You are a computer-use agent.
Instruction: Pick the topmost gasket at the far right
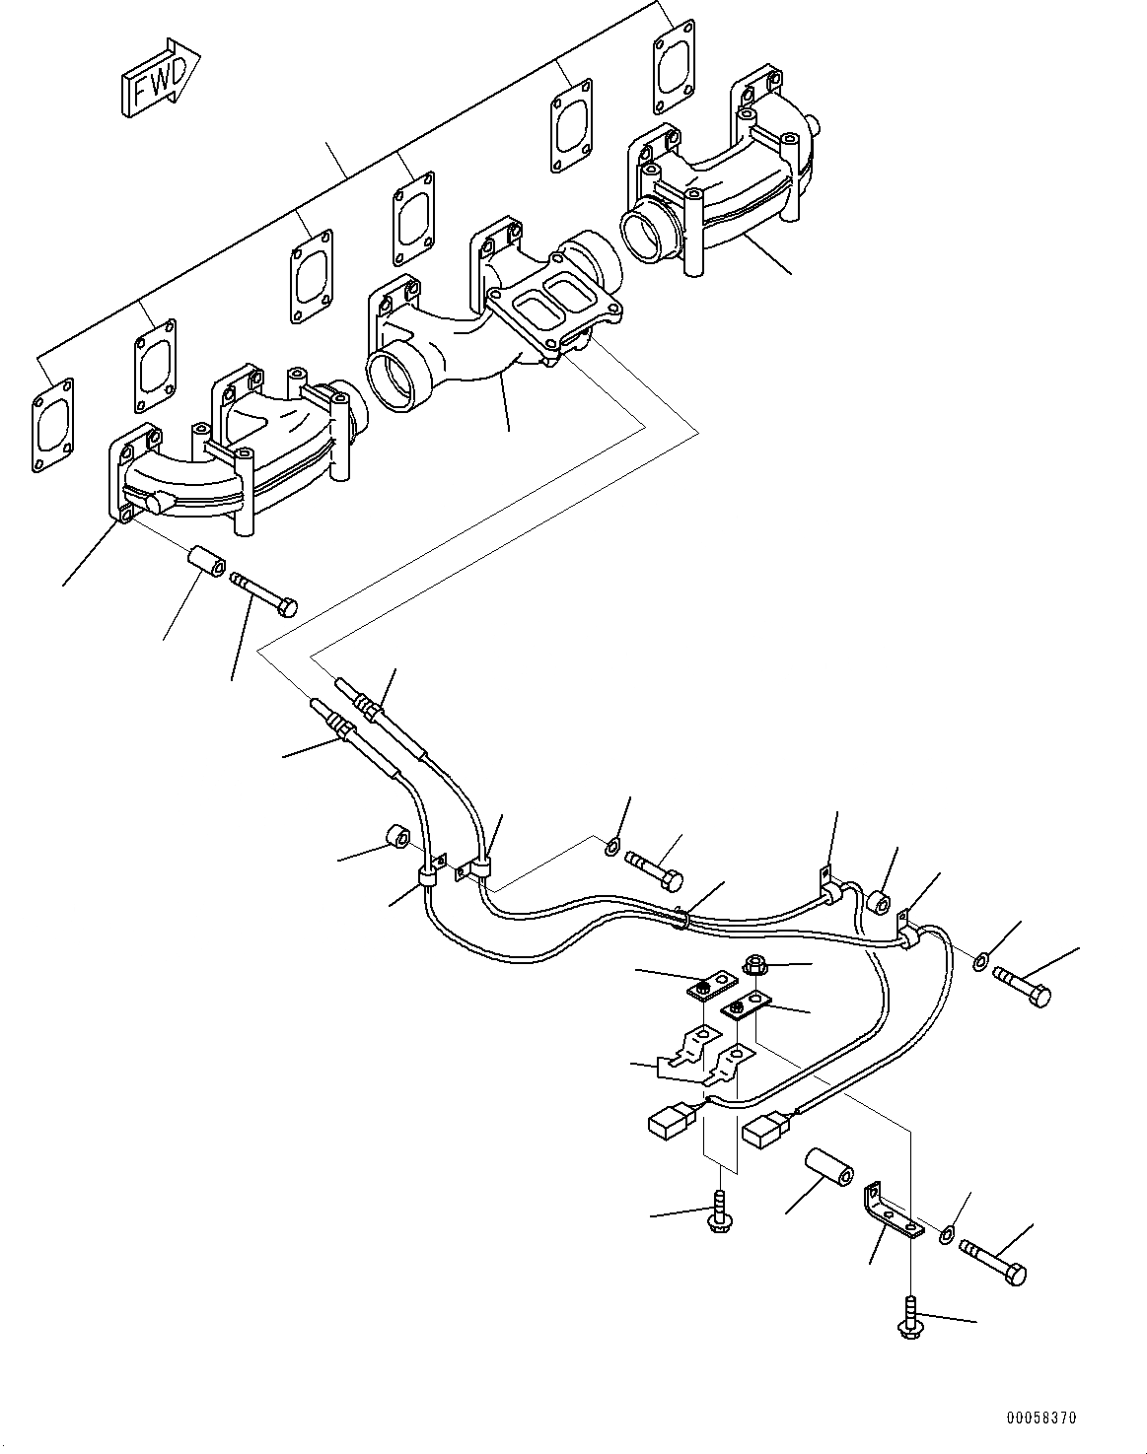tap(676, 66)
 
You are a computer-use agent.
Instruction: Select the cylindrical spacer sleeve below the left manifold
tap(205, 563)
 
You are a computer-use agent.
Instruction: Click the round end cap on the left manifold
tap(155, 505)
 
